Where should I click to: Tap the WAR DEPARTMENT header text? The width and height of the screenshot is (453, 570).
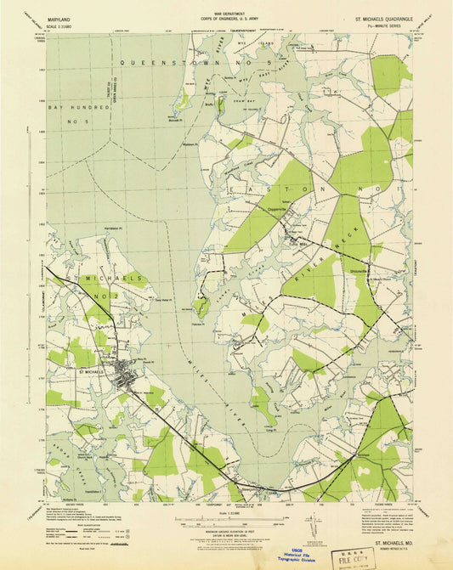pos(226,12)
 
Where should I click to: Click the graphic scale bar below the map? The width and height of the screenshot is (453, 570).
pos(226,521)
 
